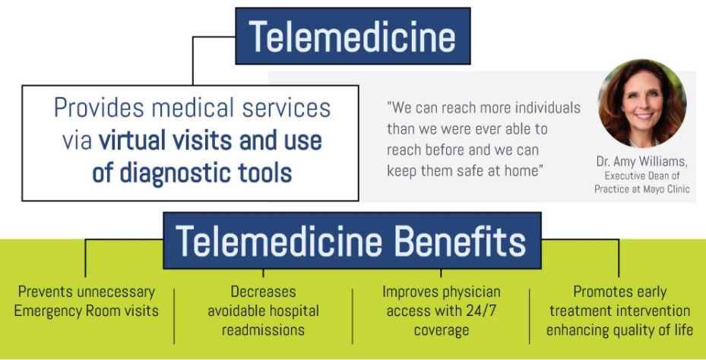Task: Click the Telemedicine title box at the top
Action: [353, 36]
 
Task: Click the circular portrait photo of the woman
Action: [642, 103]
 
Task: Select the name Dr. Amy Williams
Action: [642, 161]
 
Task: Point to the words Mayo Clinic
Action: [666, 189]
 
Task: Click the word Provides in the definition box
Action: [99, 109]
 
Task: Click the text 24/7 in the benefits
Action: [481, 311]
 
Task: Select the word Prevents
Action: [46, 292]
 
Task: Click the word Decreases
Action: [264, 292]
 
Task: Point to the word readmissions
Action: [264, 330]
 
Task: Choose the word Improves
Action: [410, 292]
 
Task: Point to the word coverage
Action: [442, 330]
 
